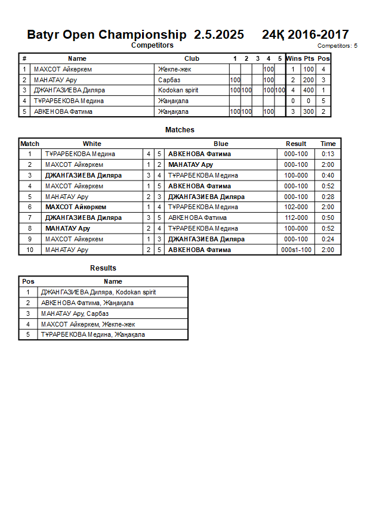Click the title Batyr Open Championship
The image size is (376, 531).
(x=106, y=35)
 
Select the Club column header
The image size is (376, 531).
(x=192, y=58)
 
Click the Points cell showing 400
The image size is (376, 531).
(x=308, y=90)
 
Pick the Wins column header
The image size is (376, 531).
(x=293, y=58)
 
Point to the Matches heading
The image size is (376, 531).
(x=180, y=130)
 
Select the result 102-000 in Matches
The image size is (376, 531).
(x=296, y=207)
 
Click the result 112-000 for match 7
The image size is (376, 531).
(x=296, y=218)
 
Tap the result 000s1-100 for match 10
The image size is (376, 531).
(x=296, y=250)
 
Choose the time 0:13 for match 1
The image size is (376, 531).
(x=328, y=154)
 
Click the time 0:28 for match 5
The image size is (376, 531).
(x=328, y=197)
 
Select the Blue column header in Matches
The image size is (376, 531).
(x=221, y=144)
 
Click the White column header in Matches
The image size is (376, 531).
(x=92, y=144)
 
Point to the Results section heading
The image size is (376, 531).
(x=103, y=268)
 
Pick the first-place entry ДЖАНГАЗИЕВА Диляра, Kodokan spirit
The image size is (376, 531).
(x=98, y=292)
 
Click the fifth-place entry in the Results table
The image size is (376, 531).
(x=93, y=334)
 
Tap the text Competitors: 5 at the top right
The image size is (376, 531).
(x=337, y=45)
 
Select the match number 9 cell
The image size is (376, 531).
(x=29, y=239)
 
